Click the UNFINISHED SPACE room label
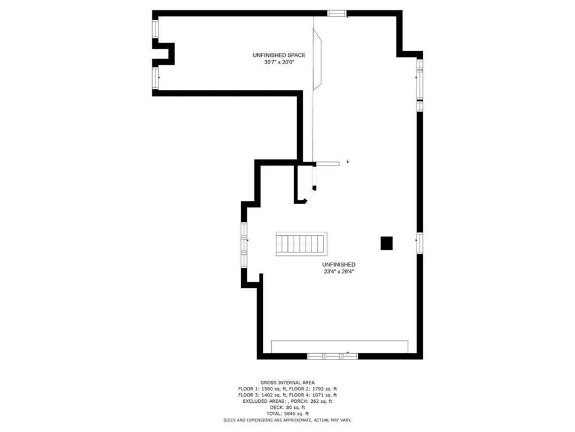coord(279,55)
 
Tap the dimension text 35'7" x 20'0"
coord(280,62)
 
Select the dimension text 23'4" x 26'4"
coord(339,272)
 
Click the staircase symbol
coord(302,244)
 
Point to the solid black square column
coord(386,243)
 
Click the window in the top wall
coord(337,13)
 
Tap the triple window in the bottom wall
coord(332,356)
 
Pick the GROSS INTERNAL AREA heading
coord(287,382)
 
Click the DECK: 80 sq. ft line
coord(287,407)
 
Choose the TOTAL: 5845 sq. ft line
coord(287,413)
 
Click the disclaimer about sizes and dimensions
coord(287,420)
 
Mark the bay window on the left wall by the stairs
coord(244,245)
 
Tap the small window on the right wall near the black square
coord(420,243)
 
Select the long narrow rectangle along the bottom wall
coord(340,346)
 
